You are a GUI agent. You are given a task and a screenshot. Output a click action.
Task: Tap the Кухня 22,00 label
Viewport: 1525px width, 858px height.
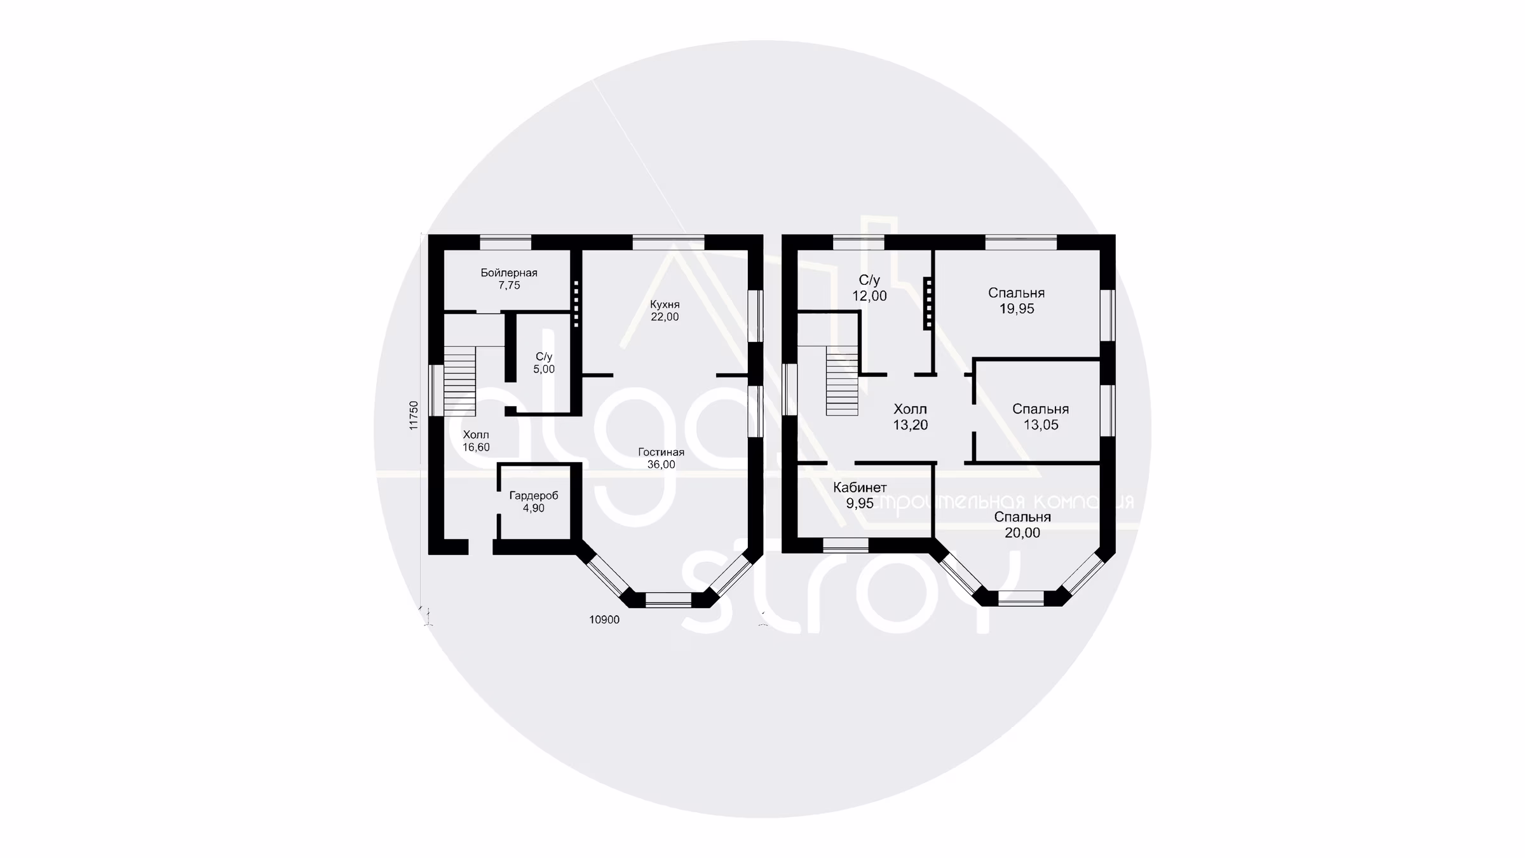tap(665, 311)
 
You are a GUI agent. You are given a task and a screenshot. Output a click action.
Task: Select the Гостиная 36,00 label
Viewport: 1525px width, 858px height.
tap(661, 458)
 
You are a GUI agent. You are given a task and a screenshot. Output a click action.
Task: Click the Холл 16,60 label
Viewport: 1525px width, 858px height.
tap(476, 441)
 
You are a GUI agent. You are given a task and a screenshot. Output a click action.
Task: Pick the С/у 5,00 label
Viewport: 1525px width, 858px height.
tap(544, 363)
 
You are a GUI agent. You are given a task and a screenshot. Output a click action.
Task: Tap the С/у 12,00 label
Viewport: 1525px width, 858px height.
tap(869, 288)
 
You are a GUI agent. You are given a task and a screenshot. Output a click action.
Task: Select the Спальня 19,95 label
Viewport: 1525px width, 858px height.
tap(1017, 301)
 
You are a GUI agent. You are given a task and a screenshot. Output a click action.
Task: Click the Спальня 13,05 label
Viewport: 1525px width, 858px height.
tap(1041, 417)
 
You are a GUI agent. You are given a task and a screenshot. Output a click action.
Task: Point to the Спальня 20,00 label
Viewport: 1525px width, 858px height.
tap(1022, 525)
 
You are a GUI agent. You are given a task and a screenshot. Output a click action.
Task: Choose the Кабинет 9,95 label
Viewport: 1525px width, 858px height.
tap(860, 495)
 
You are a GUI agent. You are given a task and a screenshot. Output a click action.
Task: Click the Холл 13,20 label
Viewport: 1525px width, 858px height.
tap(911, 417)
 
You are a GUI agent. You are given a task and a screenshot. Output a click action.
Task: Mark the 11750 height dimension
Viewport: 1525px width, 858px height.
tap(414, 416)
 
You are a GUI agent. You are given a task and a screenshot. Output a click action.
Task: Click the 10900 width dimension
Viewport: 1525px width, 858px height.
tap(604, 620)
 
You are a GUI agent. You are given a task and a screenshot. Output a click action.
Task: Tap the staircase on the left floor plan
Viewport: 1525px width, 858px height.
tap(459, 381)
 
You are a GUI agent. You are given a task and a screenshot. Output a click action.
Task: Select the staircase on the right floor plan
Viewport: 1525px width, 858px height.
tap(842, 381)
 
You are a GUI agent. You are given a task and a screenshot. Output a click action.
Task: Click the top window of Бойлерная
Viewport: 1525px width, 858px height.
tap(505, 242)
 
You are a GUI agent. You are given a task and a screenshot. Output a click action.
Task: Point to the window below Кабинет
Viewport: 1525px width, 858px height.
tap(846, 545)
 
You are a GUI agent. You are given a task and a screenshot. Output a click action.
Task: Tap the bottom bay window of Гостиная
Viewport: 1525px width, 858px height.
tap(668, 600)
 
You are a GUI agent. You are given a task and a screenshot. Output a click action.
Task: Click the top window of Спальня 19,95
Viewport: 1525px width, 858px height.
tap(1021, 242)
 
